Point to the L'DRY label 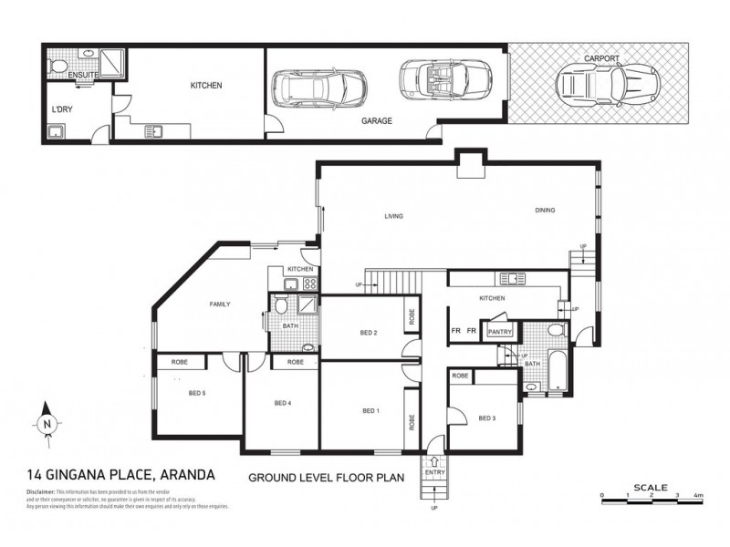click(62, 109)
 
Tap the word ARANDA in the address click(189, 475)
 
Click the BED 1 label click(370, 411)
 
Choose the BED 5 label click(196, 393)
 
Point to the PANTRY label click(500, 332)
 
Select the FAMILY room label click(220, 304)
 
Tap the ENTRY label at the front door click(434, 472)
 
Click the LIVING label click(393, 216)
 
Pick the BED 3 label click(487, 418)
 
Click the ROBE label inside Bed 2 click(412, 318)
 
